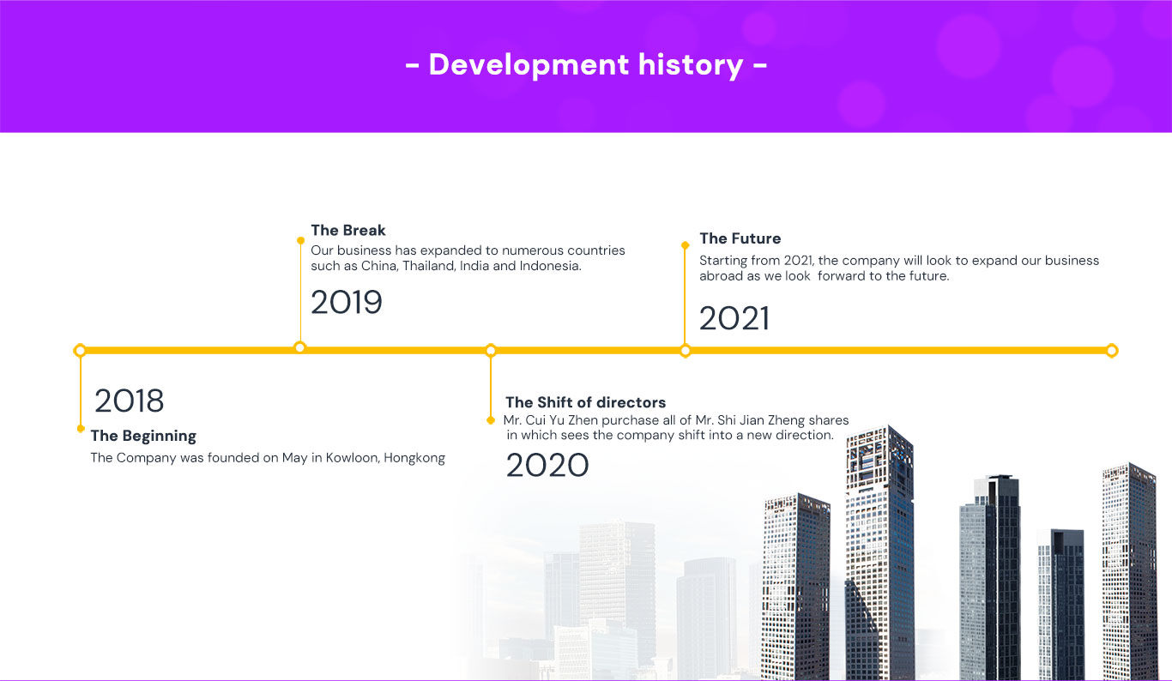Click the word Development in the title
pyautogui.click(x=529, y=65)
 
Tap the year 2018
pyautogui.click(x=130, y=401)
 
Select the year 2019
pyautogui.click(x=347, y=302)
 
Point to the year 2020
pyautogui.click(x=547, y=466)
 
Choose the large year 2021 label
pyautogui.click(x=734, y=318)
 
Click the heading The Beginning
pyautogui.click(x=143, y=436)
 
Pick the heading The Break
pyautogui.click(x=348, y=230)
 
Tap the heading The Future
pyautogui.click(x=740, y=238)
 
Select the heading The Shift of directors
pyautogui.click(x=585, y=402)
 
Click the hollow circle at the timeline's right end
pyautogui.click(x=1112, y=351)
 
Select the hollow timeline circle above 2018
pyautogui.click(x=80, y=351)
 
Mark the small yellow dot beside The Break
pyautogui.click(x=300, y=241)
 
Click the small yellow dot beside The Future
pyautogui.click(x=685, y=245)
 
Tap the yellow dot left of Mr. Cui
pyautogui.click(x=490, y=420)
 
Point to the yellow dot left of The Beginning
pyautogui.click(x=81, y=429)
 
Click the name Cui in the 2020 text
pyautogui.click(x=535, y=420)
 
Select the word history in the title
pyautogui.click(x=691, y=65)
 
